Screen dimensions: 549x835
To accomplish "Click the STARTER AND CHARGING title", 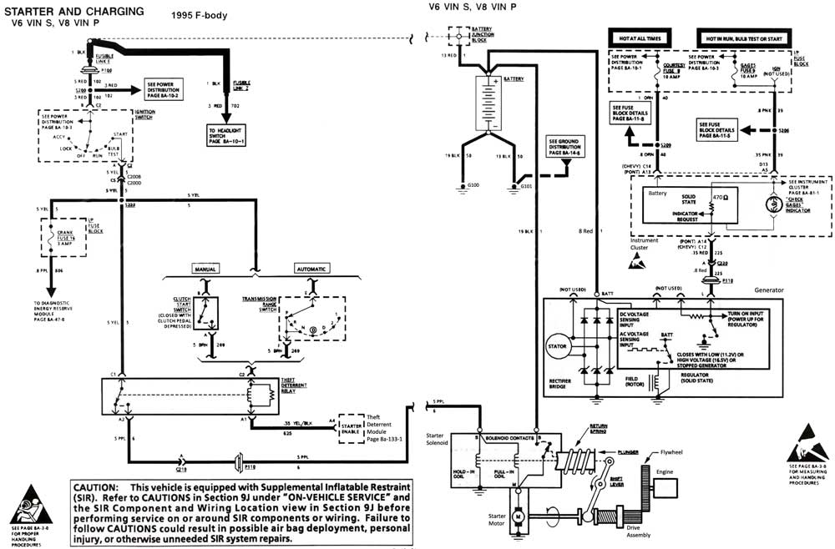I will [x=73, y=11].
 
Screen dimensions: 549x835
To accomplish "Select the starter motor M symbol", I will [x=517, y=517].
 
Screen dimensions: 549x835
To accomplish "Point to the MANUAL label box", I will [x=206, y=269].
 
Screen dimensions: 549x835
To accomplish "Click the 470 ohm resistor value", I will [x=717, y=198].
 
